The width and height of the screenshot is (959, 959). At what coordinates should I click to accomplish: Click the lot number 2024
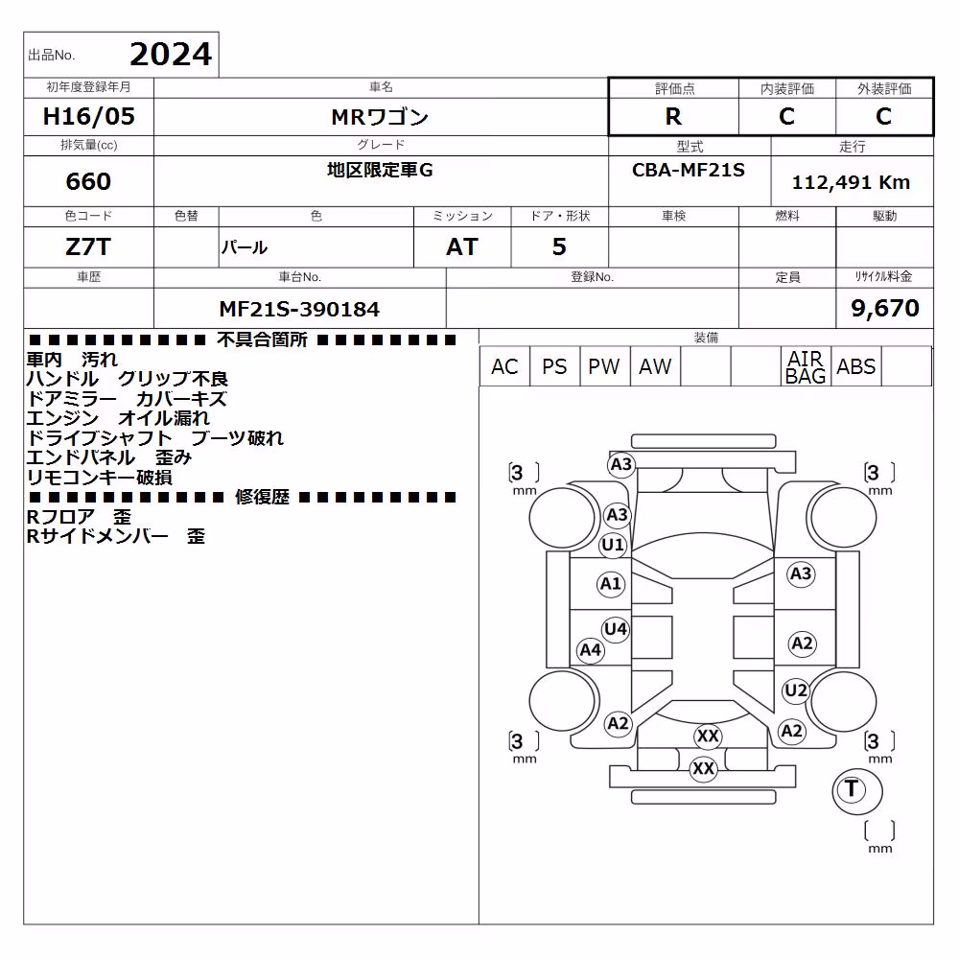click(x=171, y=55)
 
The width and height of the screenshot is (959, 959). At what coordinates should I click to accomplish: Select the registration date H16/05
click(x=88, y=116)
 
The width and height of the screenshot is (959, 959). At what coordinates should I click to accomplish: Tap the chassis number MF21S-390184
click(x=299, y=309)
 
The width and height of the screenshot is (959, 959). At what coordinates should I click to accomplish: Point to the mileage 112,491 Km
click(x=851, y=182)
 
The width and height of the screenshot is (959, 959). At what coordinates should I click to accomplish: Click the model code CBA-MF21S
click(x=688, y=170)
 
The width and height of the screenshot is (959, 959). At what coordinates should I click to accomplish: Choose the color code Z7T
click(x=88, y=247)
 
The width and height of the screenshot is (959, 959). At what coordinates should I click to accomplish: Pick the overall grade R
click(x=673, y=116)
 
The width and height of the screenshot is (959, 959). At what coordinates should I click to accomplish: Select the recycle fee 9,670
click(x=885, y=308)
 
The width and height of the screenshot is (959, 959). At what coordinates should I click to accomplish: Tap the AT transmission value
click(x=462, y=247)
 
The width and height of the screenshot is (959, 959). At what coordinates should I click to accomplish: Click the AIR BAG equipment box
click(x=806, y=366)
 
